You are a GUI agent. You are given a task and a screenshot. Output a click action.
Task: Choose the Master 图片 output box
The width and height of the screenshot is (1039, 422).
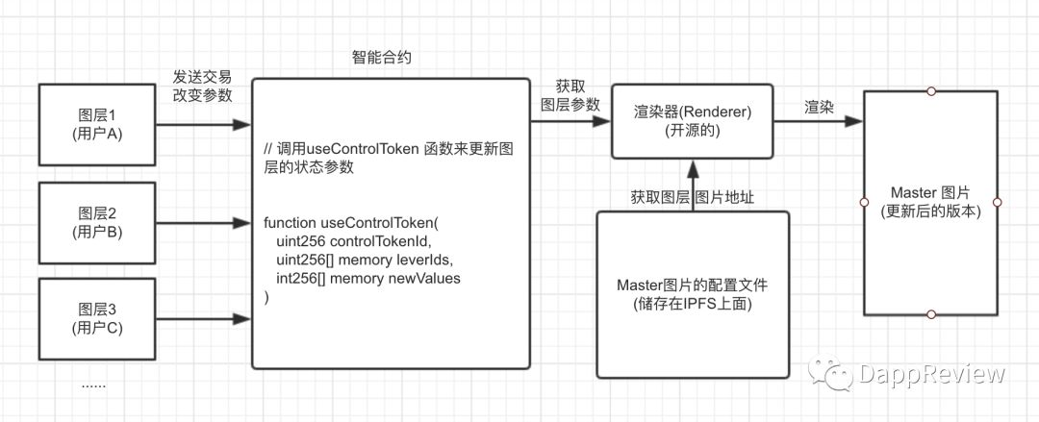tap(930, 202)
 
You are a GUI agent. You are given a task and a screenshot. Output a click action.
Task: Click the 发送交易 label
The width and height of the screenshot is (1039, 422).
tap(202, 77)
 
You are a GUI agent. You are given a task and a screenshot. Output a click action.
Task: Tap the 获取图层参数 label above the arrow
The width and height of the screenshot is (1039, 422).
tap(570, 94)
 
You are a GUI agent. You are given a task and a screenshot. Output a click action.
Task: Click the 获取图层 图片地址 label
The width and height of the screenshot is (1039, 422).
tap(692, 196)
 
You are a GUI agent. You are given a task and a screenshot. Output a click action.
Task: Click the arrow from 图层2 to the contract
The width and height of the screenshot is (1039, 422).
tap(203, 222)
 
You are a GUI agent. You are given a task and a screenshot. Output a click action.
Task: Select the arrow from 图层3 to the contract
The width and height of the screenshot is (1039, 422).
tap(203, 318)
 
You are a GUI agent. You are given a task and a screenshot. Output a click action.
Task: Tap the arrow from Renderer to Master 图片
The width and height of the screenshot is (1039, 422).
tap(819, 122)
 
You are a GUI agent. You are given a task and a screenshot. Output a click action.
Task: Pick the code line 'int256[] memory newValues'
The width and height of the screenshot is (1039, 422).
tap(367, 279)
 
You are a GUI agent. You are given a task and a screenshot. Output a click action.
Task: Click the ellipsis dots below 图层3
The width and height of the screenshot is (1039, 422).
tap(92, 385)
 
